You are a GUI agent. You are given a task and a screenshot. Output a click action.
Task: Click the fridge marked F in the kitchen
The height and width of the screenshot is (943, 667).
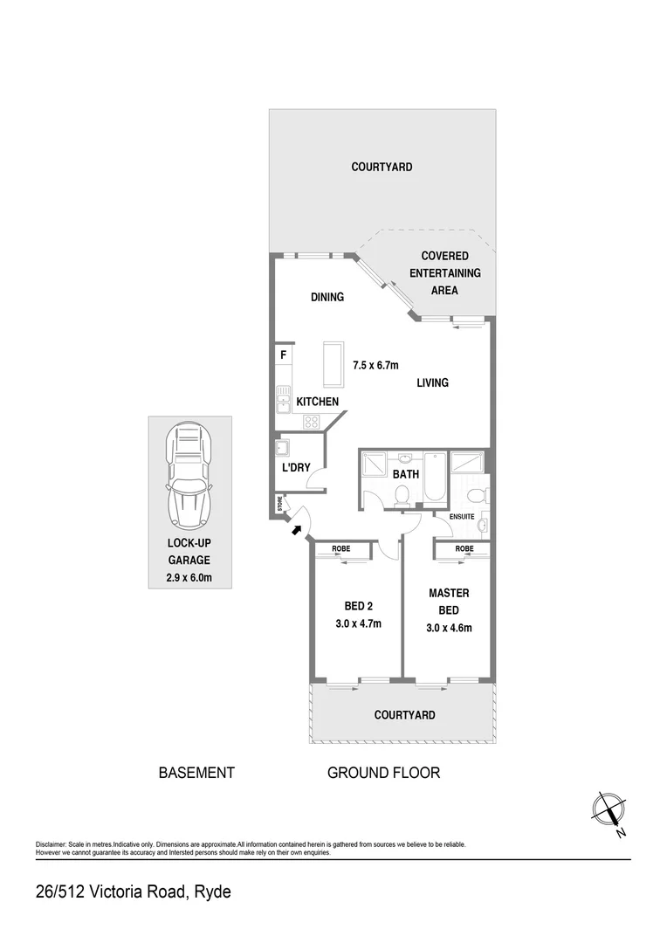[283, 355]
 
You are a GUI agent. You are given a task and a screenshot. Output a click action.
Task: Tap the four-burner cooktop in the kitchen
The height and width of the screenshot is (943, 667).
[312, 421]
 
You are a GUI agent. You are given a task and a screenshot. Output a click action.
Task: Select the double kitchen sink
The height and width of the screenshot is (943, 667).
[283, 402]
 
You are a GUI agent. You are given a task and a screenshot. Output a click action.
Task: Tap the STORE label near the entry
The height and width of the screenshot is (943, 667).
[280, 504]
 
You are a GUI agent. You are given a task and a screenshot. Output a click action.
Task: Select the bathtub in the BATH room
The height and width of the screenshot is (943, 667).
[435, 477]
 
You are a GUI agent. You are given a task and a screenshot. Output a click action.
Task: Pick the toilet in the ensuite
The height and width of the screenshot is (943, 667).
[474, 496]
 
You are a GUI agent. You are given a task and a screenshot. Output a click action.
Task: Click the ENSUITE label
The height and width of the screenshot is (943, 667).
[462, 517]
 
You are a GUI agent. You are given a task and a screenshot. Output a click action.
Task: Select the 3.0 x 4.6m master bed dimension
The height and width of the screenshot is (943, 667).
[450, 627]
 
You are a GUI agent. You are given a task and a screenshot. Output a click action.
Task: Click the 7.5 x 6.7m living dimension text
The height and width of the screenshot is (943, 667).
[375, 366]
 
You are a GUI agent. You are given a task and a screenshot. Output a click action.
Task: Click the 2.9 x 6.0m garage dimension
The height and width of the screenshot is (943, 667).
[189, 578]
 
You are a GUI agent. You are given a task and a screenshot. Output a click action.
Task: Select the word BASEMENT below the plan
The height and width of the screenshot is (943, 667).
[196, 773]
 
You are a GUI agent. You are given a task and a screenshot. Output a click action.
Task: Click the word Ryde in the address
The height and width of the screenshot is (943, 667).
[212, 892]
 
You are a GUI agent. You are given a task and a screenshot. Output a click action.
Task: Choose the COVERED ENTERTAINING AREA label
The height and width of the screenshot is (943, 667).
[444, 272]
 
